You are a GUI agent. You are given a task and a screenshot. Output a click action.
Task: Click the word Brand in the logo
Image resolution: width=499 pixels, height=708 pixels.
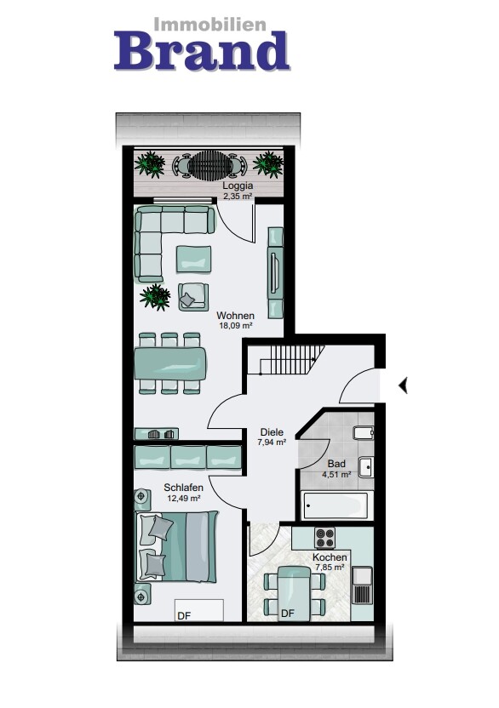pyautogui.click(x=202, y=50)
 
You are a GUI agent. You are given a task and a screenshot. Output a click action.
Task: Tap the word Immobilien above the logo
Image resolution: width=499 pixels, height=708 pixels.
pyautogui.click(x=210, y=25)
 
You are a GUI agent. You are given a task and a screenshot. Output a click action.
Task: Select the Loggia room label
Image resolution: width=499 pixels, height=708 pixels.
pyautogui.click(x=238, y=186)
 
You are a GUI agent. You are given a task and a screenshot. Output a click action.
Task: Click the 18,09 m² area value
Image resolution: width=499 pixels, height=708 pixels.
pyautogui.click(x=235, y=326)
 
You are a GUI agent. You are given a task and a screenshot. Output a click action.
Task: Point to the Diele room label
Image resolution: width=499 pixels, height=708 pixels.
pyautogui.click(x=272, y=432)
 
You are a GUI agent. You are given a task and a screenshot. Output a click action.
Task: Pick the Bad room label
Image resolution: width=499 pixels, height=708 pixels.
pyautogui.click(x=336, y=464)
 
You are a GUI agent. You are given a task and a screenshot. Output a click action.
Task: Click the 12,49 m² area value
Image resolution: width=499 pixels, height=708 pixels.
pyautogui.click(x=184, y=498)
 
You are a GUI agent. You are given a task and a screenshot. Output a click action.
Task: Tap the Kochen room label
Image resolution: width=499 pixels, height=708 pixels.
pyautogui.click(x=330, y=557)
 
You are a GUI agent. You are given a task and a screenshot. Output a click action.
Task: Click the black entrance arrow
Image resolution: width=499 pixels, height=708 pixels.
pyautogui.click(x=403, y=385)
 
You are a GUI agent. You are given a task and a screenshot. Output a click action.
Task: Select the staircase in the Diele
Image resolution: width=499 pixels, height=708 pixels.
pyautogui.click(x=292, y=360)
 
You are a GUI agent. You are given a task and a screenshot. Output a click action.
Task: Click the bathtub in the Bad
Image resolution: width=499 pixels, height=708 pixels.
pyautogui.click(x=336, y=505)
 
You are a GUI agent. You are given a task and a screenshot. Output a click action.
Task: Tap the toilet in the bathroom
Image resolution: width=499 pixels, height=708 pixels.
pyautogui.click(x=364, y=433)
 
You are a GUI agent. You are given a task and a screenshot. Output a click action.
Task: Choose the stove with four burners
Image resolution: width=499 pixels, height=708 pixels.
pyautogui.click(x=325, y=538)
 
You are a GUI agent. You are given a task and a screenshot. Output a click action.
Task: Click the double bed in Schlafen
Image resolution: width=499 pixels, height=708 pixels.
pyautogui.click(x=178, y=547)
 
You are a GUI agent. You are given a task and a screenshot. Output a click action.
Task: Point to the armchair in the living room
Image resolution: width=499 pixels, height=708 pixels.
pyautogui.click(x=193, y=297)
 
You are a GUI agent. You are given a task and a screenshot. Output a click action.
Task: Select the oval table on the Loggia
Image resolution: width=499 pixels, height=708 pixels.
pyautogui.click(x=209, y=166)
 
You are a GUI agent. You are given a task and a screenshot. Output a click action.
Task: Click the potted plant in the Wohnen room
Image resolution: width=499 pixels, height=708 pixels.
pyautogui.click(x=155, y=297)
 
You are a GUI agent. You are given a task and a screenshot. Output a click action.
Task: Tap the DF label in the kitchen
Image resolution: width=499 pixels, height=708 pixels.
pyautogui.click(x=288, y=614)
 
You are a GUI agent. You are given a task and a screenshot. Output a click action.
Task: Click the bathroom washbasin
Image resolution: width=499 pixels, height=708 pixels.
pyautogui.click(x=365, y=467)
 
